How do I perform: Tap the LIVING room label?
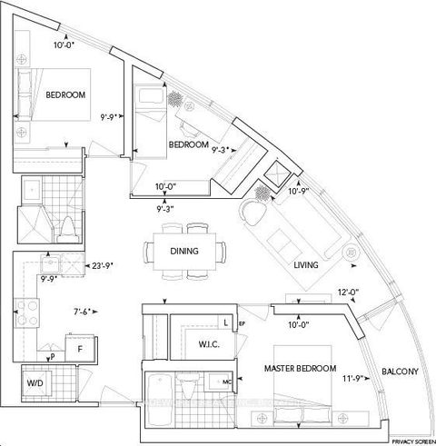click(311, 265)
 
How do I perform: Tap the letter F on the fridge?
click(80, 349)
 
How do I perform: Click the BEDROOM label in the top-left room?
click(42, 95)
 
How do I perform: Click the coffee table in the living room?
click(284, 243)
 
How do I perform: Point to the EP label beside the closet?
click(243, 322)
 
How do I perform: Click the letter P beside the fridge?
click(53, 357)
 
